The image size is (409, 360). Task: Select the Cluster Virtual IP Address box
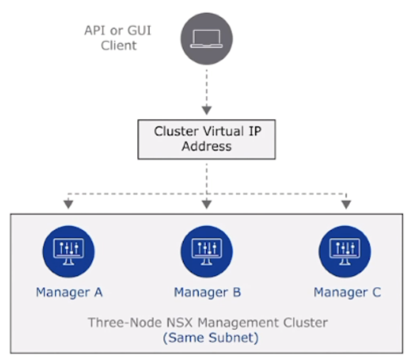[x=207, y=138]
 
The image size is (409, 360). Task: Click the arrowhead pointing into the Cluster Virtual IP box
[x=207, y=110]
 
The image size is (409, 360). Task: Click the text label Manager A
[x=69, y=292]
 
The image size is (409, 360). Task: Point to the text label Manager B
[x=208, y=292]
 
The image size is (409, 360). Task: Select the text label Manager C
[x=347, y=292]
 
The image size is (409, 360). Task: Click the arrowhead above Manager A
[x=68, y=204]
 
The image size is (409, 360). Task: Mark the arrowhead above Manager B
[x=207, y=204]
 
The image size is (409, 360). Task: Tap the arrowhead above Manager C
[x=346, y=204]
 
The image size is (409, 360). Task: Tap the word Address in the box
[x=207, y=146]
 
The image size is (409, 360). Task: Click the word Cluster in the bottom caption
[x=305, y=322]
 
